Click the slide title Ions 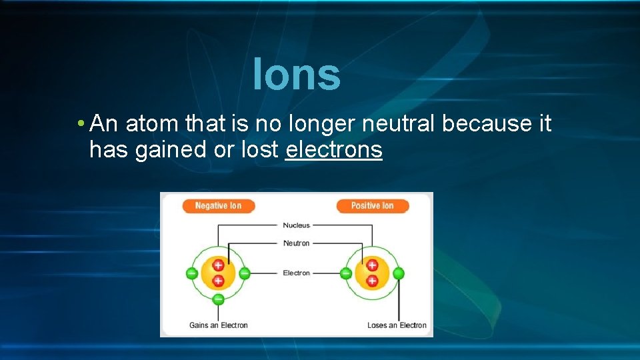click(297, 75)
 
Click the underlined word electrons click(333, 150)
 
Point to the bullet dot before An click(80, 124)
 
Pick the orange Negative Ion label click(218, 206)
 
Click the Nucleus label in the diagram click(296, 225)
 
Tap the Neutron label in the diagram click(296, 243)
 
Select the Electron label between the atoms click(296, 273)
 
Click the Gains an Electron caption click(218, 325)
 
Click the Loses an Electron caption click(397, 325)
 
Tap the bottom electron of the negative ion click(218, 299)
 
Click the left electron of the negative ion click(192, 273)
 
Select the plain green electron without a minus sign click(399, 273)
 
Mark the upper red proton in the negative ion click(218, 265)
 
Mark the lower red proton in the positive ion click(372, 281)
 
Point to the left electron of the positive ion click(346, 273)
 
